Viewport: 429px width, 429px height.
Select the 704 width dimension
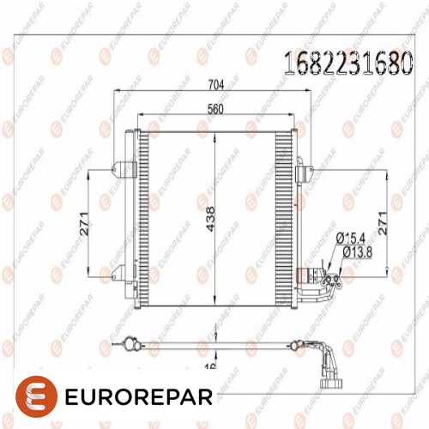(x=215, y=84)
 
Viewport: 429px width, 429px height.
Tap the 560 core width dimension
(x=215, y=109)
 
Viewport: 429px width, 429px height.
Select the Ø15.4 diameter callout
(x=352, y=237)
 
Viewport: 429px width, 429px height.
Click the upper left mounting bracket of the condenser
(x=125, y=169)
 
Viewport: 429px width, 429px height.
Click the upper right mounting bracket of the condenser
(x=305, y=173)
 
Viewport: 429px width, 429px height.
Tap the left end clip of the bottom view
(x=129, y=343)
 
